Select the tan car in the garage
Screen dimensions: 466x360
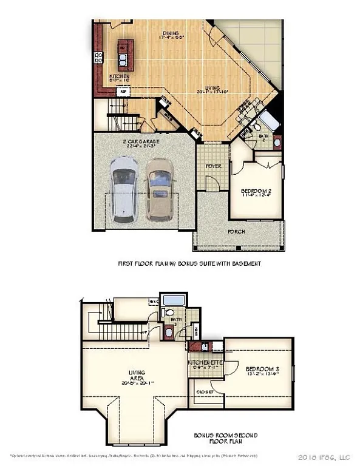point(160,189)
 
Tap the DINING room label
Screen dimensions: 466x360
point(171,35)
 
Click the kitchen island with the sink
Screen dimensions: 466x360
point(124,54)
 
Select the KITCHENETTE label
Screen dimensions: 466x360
point(205,363)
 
